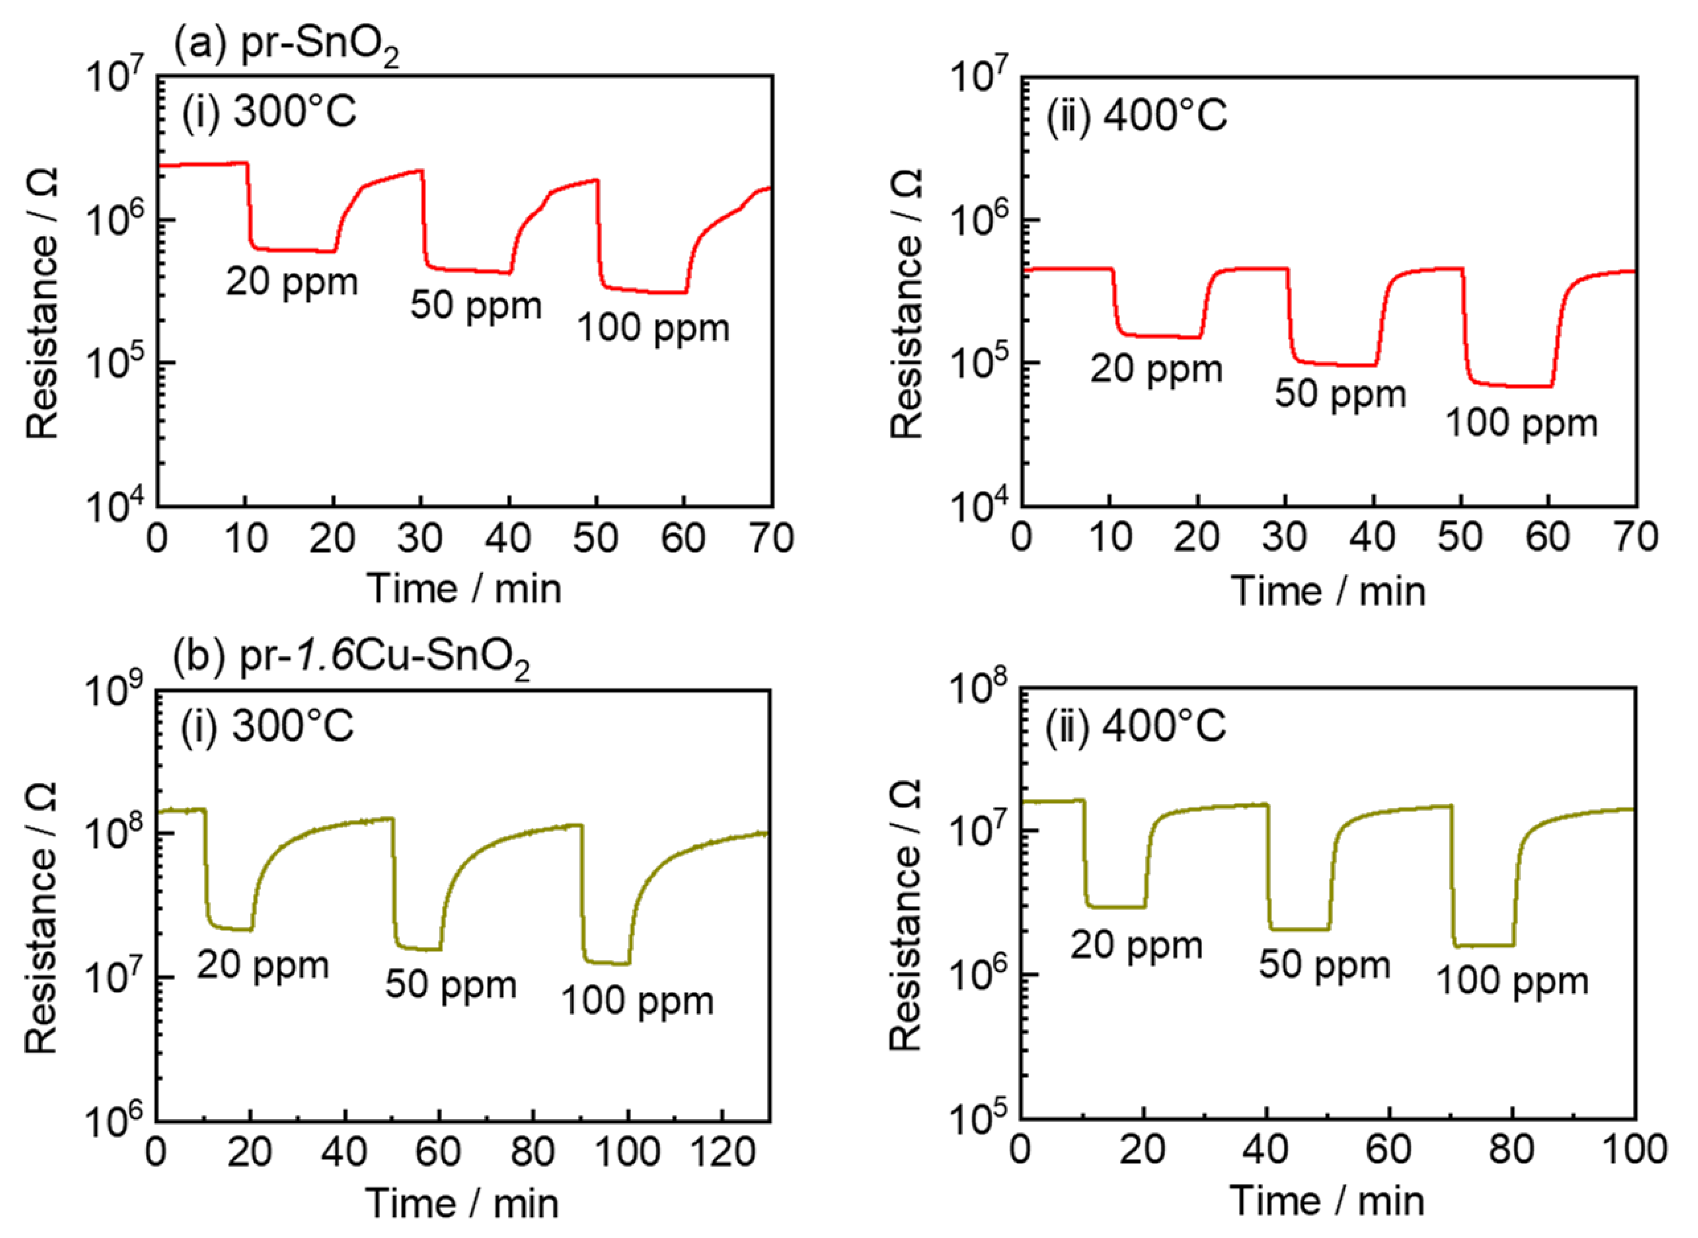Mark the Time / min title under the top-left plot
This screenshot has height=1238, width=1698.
point(464,589)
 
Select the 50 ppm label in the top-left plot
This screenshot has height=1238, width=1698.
point(476,306)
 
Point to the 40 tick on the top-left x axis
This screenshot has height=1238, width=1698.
point(509,538)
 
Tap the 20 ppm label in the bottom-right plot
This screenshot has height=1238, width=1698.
point(1136,946)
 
